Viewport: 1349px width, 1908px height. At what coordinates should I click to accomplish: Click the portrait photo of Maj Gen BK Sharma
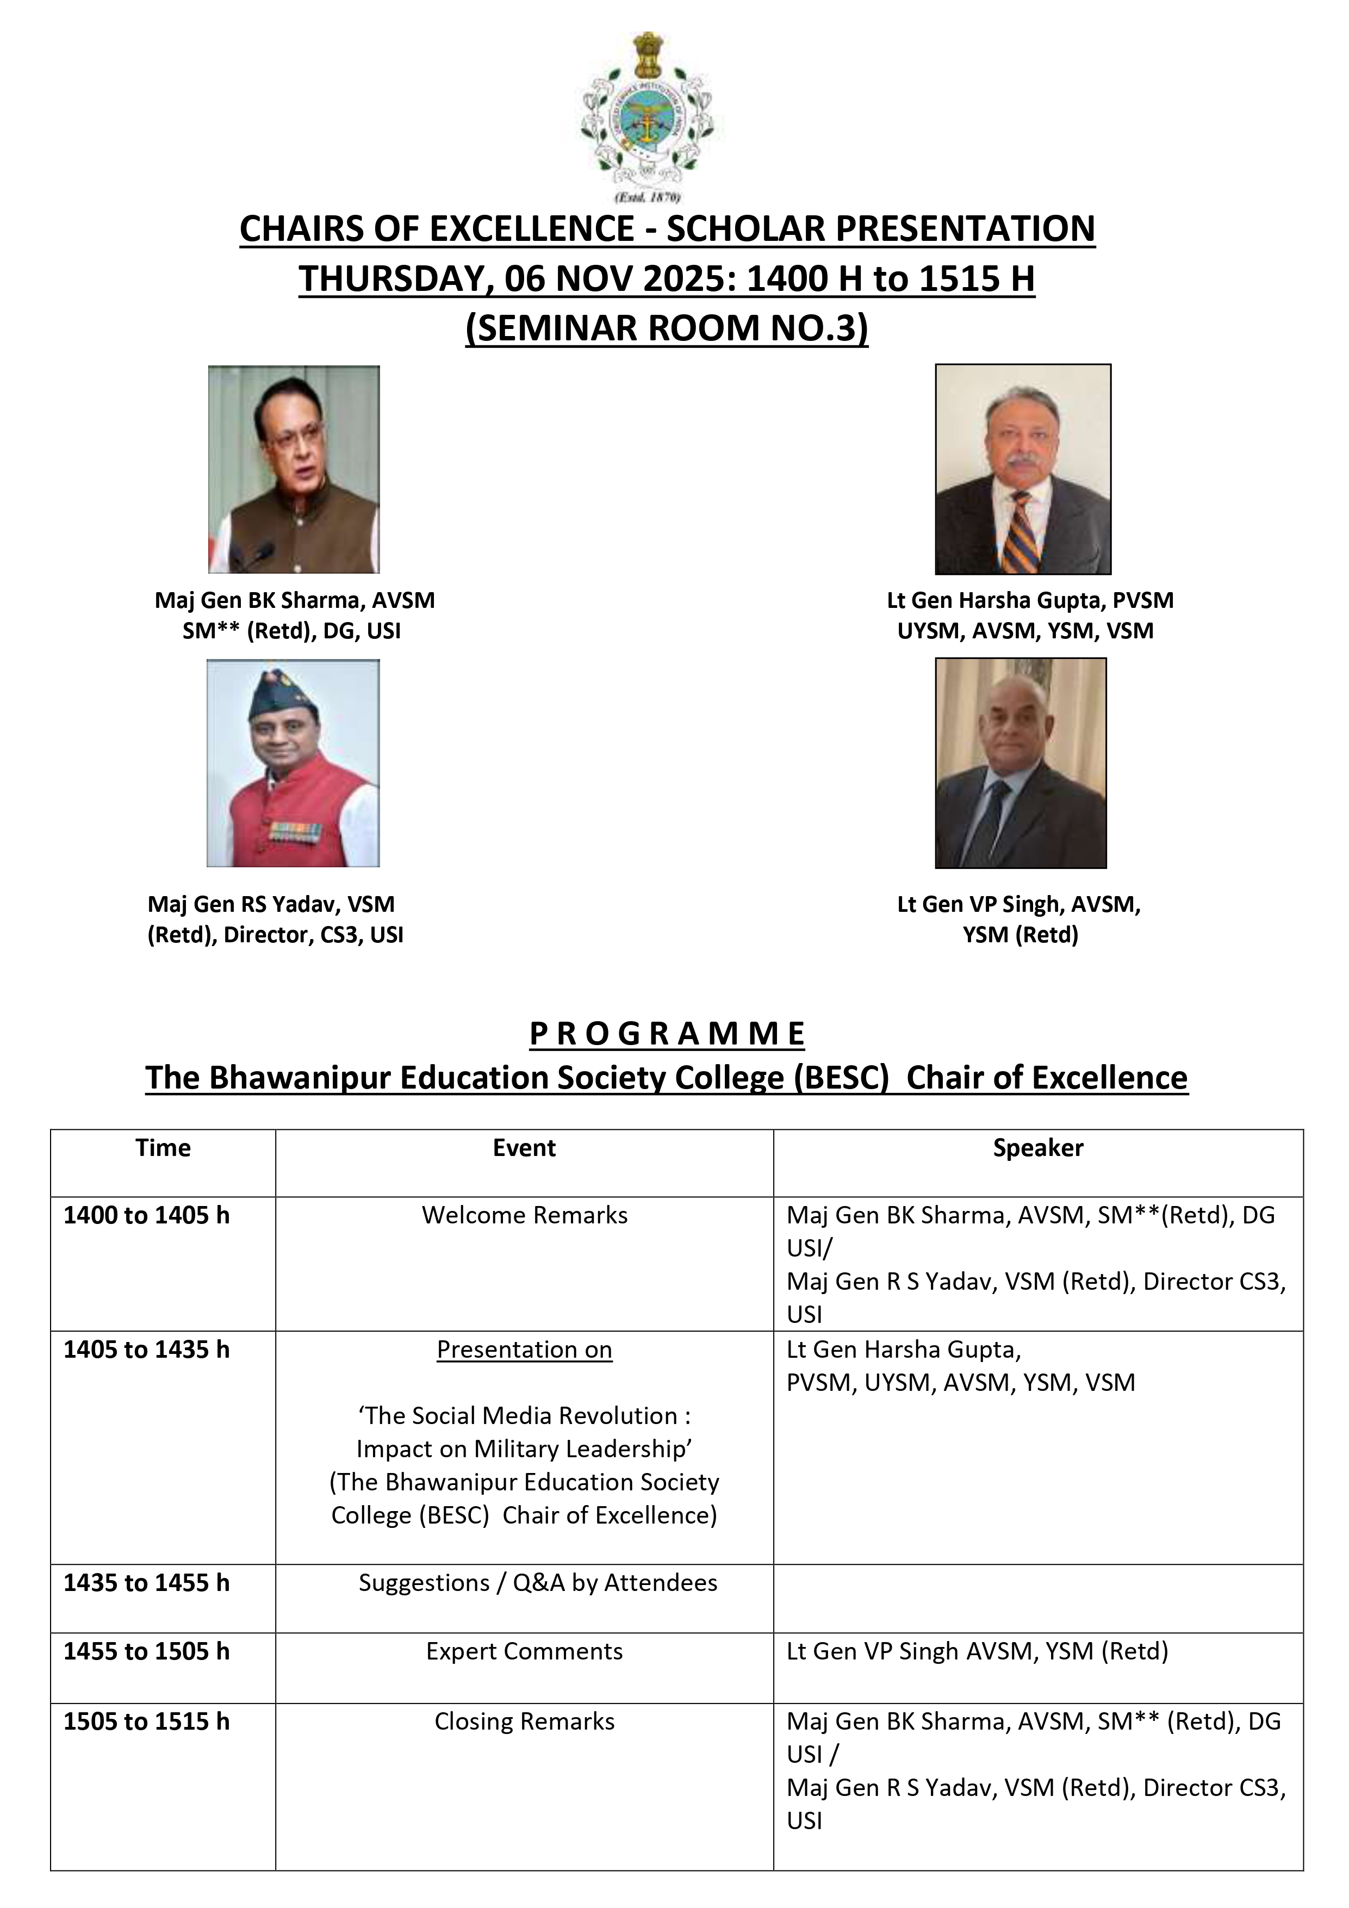click(294, 469)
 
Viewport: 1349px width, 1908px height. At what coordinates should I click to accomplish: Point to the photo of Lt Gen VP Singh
click(1021, 763)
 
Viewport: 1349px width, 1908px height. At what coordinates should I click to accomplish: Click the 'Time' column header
click(163, 1148)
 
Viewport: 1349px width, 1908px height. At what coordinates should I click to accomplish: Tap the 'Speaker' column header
click(1037, 1148)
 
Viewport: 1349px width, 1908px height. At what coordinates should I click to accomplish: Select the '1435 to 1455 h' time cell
click(146, 1582)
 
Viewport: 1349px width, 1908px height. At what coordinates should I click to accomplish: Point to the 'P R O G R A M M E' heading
click(667, 1034)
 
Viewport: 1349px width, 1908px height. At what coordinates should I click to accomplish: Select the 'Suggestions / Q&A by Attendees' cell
click(538, 1582)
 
